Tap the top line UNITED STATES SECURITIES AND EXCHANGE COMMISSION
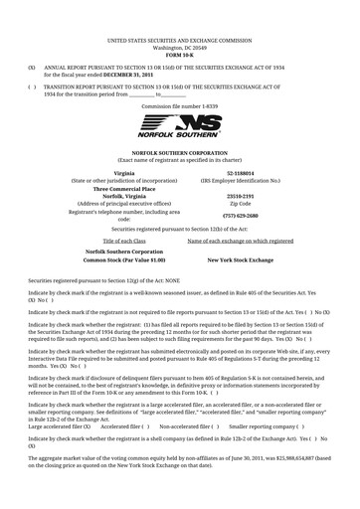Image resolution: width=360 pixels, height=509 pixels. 179,39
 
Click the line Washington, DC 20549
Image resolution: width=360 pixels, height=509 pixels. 179,46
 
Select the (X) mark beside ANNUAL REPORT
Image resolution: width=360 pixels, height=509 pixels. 32,68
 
